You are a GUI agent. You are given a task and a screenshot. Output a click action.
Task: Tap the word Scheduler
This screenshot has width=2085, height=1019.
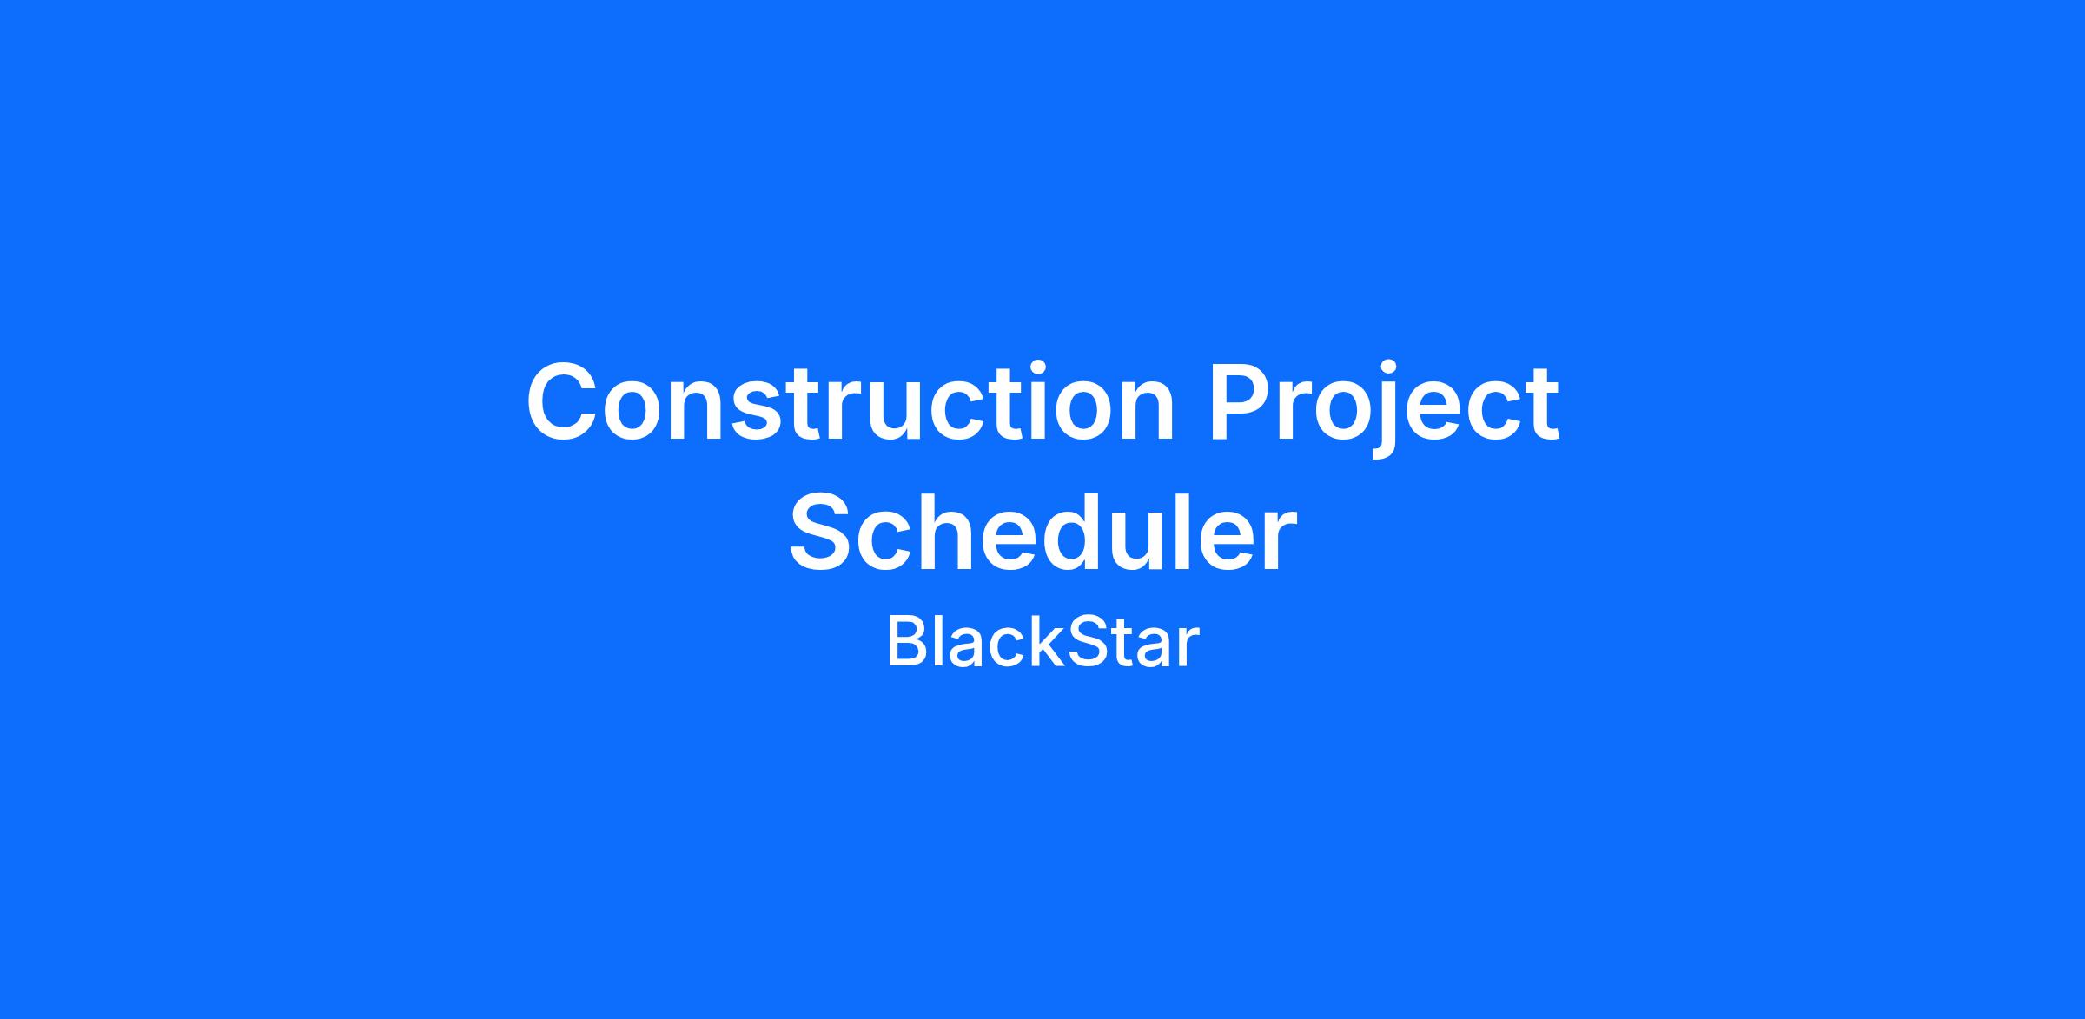1042,531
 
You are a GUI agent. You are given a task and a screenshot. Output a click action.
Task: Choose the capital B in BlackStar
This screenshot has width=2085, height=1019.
905,643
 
